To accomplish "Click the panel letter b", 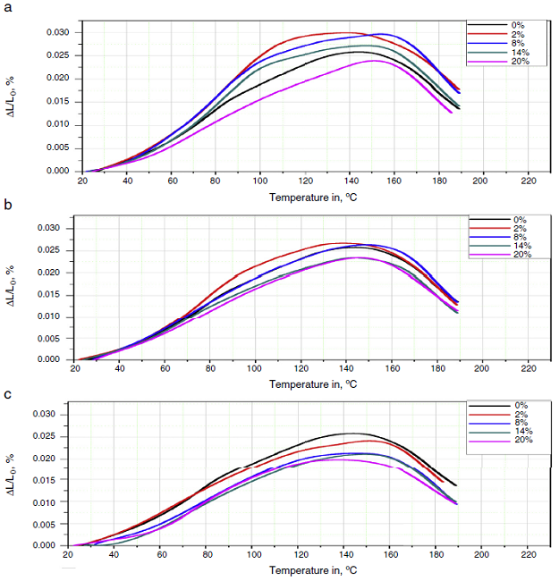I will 8,205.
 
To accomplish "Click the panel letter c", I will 8,396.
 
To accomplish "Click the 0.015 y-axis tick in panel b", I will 46,295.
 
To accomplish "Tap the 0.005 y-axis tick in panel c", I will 46,524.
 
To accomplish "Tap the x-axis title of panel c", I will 303,569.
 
